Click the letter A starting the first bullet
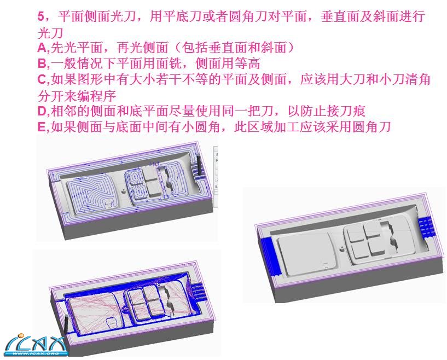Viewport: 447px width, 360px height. click(x=42, y=48)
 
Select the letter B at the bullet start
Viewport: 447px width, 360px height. click(x=42, y=63)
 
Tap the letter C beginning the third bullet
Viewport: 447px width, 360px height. click(x=42, y=79)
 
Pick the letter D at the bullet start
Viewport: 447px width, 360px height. click(x=42, y=111)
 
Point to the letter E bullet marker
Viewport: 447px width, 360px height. click(x=42, y=127)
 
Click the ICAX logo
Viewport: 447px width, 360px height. click(x=36, y=345)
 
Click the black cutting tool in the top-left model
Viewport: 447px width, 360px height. click(x=199, y=165)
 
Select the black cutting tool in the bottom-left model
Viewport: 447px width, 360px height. click(x=66, y=324)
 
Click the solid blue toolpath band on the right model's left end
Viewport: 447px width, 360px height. click(x=269, y=254)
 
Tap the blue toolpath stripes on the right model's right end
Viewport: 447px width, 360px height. click(x=426, y=227)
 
